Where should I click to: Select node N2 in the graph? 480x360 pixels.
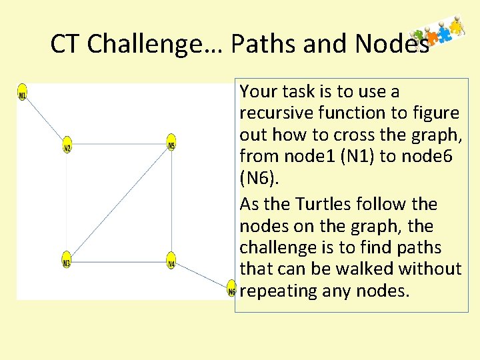pos(67,146)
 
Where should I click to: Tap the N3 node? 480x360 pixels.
pos(66,260)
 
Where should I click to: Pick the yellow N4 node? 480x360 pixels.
pos(171,260)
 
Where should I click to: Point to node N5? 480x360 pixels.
pos(171,142)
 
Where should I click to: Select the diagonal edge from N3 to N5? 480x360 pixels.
pos(119,201)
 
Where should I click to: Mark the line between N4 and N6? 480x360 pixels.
pos(201,275)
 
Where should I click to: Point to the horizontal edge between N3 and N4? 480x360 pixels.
pos(119,261)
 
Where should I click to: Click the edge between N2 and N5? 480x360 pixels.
pos(119,143)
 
